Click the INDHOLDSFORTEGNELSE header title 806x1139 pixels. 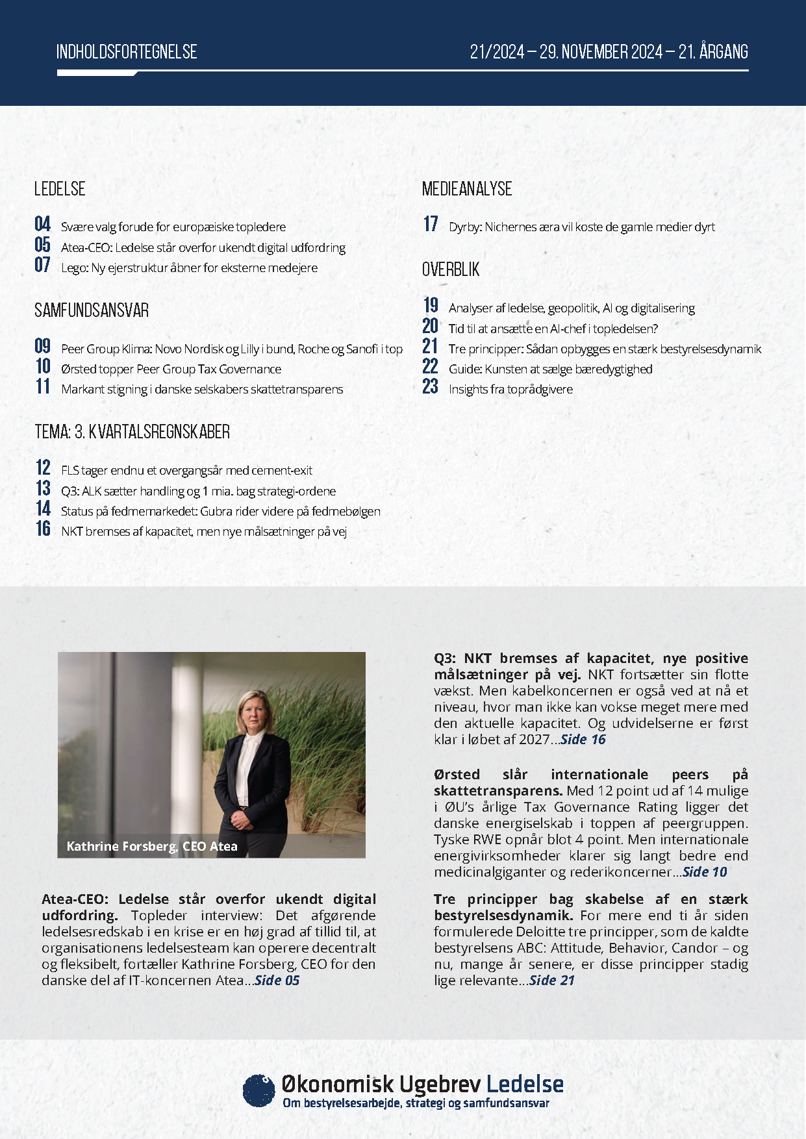[x=127, y=52]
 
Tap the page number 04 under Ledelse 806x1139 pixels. [x=43, y=225]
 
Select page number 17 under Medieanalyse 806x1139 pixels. [x=431, y=225]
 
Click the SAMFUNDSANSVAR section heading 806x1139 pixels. [x=92, y=310]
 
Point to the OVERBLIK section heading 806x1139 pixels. [x=451, y=269]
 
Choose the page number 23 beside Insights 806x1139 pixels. [x=431, y=387]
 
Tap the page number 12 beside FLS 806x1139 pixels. [x=43, y=468]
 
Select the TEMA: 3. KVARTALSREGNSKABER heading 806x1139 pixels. [x=132, y=432]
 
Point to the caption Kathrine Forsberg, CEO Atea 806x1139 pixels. [x=152, y=846]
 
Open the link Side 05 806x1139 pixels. [x=277, y=981]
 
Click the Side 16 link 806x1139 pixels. [x=583, y=739]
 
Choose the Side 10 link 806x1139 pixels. [x=705, y=872]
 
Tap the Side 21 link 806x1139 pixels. [x=552, y=981]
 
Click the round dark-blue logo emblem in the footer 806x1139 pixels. [x=258, y=1090]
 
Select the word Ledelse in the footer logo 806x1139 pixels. [x=525, y=1084]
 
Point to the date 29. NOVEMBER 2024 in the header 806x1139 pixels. [x=601, y=52]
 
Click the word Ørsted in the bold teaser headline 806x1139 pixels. [x=457, y=775]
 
